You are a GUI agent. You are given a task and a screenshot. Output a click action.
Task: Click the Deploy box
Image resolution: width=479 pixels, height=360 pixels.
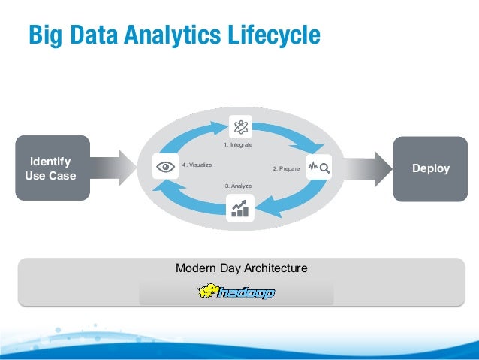[x=430, y=168]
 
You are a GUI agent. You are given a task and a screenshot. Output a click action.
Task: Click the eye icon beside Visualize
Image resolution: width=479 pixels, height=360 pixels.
[x=165, y=167]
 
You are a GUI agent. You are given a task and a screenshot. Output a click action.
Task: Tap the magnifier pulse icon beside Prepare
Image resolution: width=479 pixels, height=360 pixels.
[x=318, y=168]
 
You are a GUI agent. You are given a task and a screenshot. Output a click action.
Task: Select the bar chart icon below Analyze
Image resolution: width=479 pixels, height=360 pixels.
[x=240, y=207]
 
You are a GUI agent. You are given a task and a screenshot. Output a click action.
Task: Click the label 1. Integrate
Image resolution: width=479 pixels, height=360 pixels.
[x=239, y=144]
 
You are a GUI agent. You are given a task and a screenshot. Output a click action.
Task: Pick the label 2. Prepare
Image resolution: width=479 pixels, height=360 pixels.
[x=286, y=169]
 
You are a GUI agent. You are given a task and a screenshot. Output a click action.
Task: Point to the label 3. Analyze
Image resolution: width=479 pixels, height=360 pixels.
[x=238, y=185]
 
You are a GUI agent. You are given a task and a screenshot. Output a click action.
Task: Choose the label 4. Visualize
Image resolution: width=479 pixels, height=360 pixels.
[x=197, y=165]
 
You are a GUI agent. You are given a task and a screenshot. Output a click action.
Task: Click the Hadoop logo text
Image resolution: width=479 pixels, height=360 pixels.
[x=247, y=293]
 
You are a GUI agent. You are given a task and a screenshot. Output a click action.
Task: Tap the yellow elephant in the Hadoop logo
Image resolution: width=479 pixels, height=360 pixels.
[x=208, y=291]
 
